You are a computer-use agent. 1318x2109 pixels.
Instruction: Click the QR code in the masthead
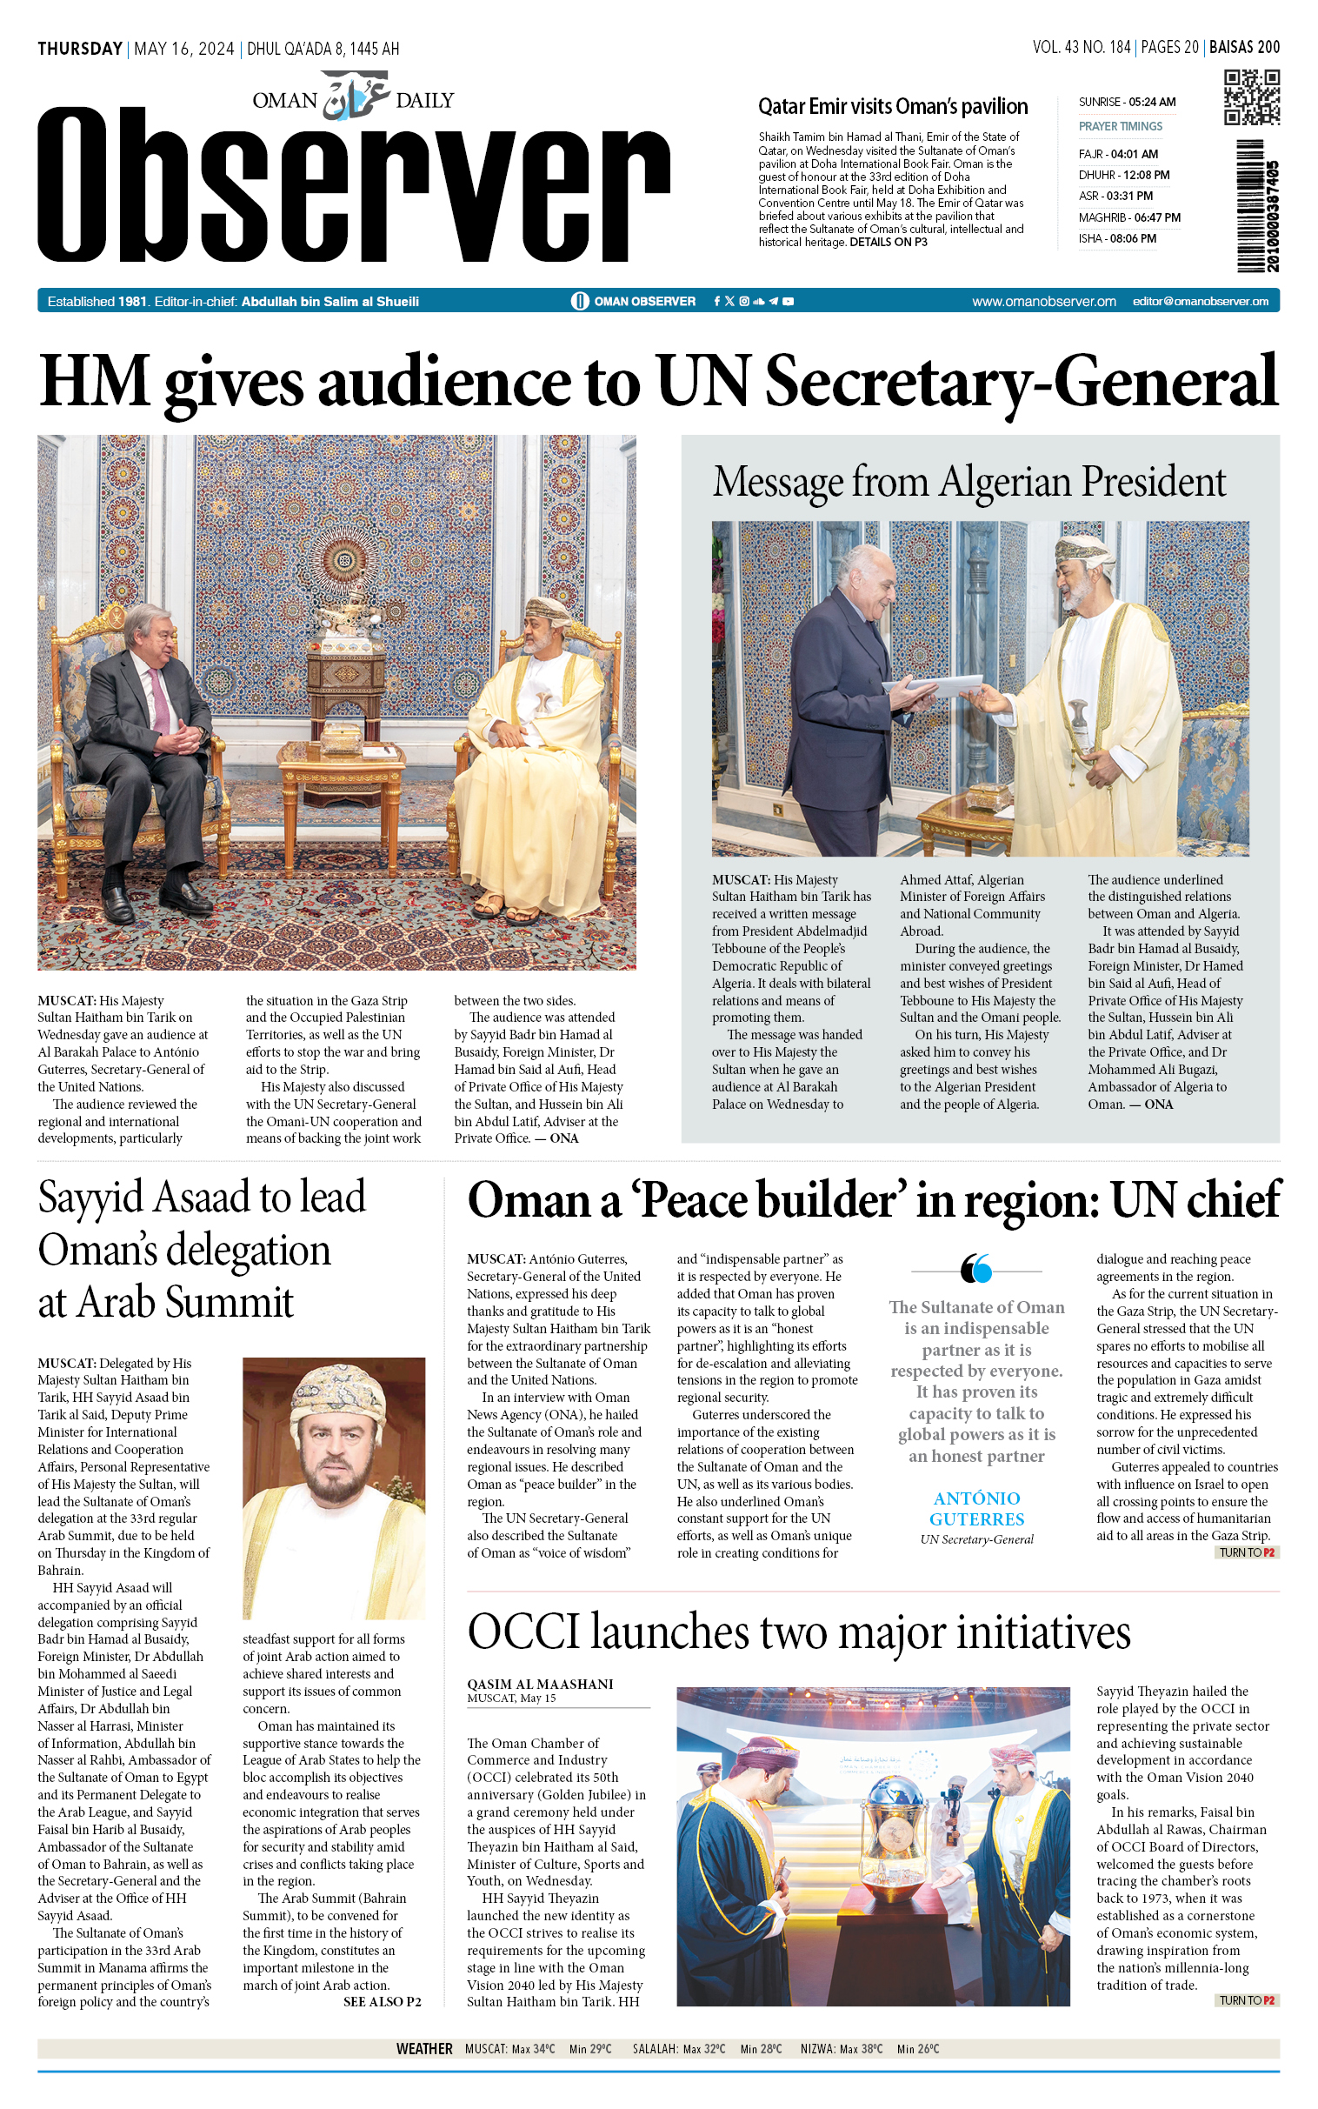1251,97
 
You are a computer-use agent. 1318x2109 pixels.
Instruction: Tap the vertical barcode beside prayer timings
1256,206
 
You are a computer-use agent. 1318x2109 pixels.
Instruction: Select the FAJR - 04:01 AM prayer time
1117,154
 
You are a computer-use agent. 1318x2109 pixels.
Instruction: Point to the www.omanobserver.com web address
1043,302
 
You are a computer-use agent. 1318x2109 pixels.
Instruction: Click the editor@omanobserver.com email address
1200,302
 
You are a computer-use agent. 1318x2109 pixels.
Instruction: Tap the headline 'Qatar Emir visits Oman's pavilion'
892,106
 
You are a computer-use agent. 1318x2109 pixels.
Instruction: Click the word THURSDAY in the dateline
80,49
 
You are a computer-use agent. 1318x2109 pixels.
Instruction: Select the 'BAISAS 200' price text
1244,48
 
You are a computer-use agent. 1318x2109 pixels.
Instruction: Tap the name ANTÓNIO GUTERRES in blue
976,1508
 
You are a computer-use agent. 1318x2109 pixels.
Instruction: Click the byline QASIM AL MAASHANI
540,1684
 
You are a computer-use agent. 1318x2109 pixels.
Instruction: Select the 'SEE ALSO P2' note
382,2002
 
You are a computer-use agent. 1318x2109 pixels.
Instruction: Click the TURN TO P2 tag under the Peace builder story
1247,1552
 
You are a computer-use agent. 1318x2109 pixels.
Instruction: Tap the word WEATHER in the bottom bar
423,2049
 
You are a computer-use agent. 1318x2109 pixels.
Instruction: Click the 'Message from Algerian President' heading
969,482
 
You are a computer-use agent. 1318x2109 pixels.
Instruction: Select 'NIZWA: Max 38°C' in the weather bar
842,2049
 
